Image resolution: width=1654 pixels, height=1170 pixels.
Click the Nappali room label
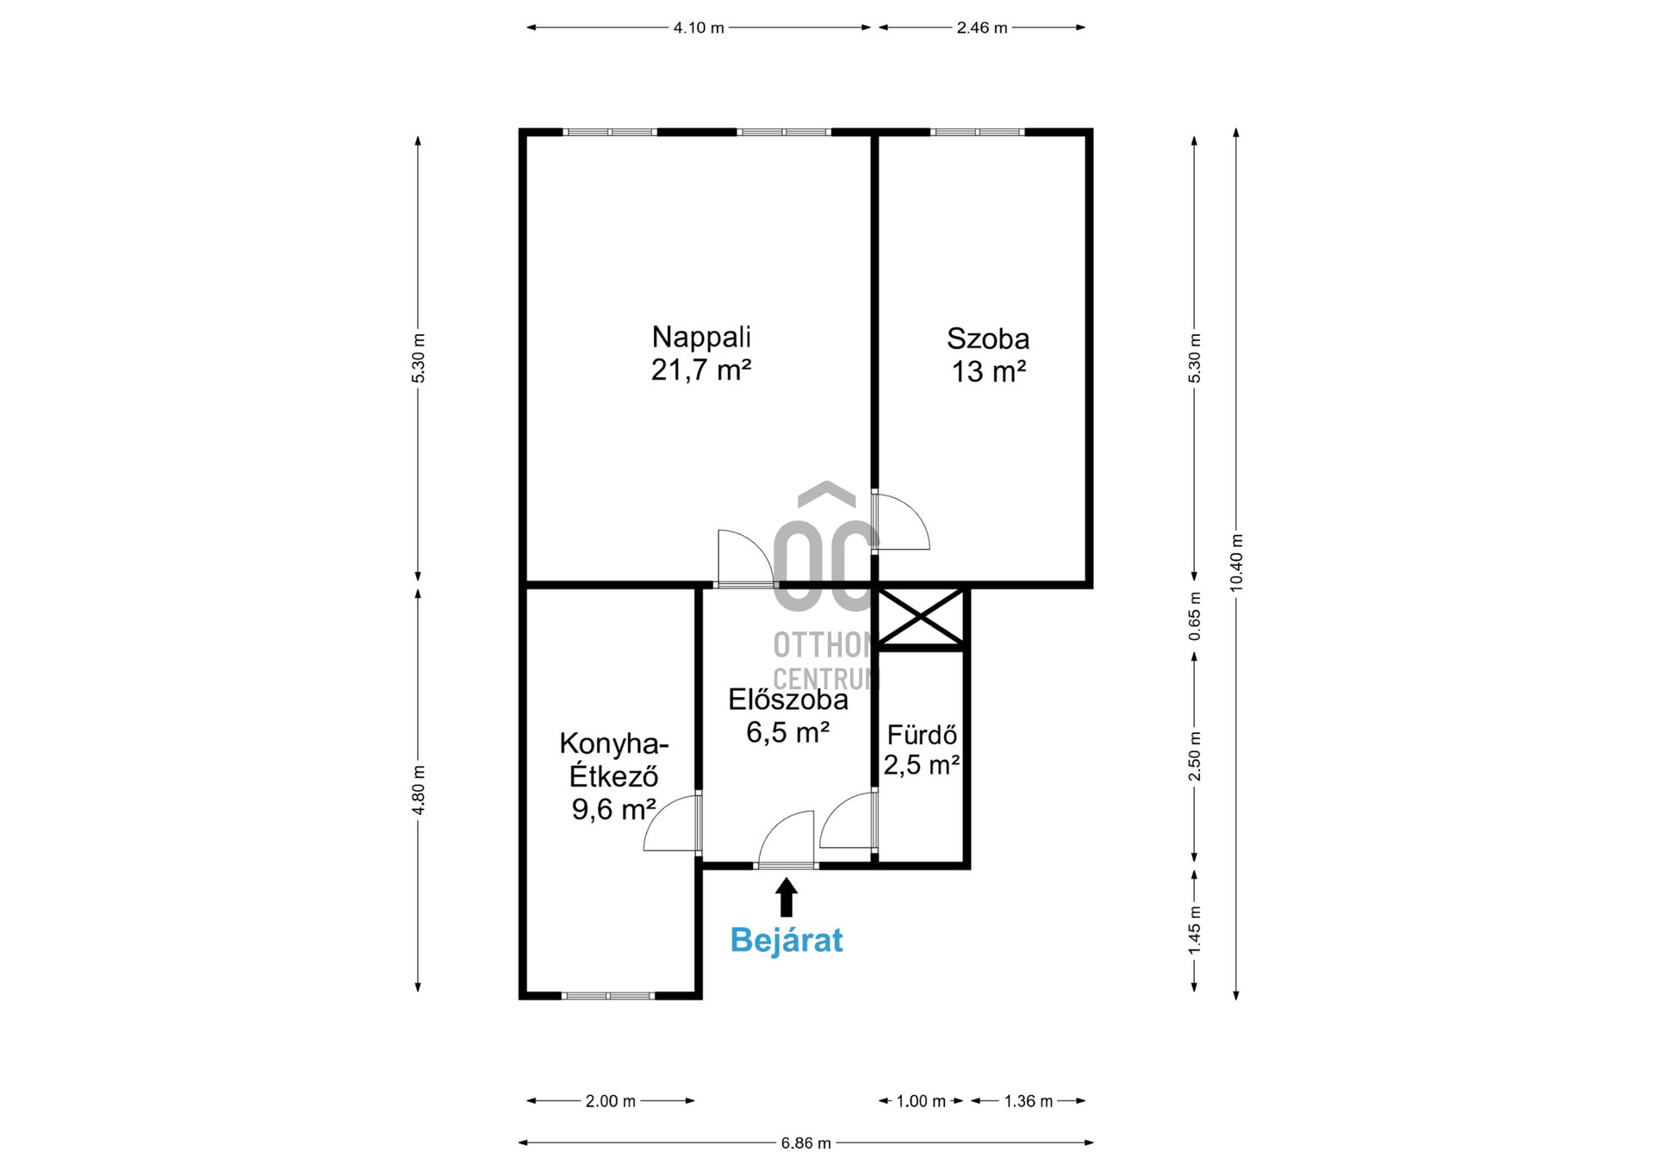coord(701,336)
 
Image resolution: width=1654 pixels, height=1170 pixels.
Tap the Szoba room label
coord(988,339)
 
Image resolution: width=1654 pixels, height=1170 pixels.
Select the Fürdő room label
coord(922,735)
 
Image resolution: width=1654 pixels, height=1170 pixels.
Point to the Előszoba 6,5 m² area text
coord(787,732)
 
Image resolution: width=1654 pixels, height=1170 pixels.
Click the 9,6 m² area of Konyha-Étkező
coord(613,809)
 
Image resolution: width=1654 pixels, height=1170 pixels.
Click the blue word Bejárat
coord(786,940)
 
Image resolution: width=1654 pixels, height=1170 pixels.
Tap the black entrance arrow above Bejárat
coord(786,897)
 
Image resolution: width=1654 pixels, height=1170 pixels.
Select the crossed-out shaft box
coord(921,617)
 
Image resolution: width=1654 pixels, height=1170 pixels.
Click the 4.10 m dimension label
coord(699,28)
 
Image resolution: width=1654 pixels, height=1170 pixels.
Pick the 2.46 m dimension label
coord(982,28)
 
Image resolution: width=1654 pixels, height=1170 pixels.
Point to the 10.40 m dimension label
coord(1236,562)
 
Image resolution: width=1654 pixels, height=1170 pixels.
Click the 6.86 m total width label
coord(806,1143)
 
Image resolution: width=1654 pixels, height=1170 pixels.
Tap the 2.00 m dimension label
coord(611,1101)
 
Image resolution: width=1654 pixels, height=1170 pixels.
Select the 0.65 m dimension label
coord(1195,616)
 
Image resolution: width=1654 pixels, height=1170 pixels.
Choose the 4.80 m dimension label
coord(419,790)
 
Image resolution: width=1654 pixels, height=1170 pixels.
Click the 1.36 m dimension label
coord(1029,1101)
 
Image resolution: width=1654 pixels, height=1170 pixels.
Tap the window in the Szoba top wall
coord(977,133)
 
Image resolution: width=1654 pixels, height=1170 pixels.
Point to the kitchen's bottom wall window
coord(608,996)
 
